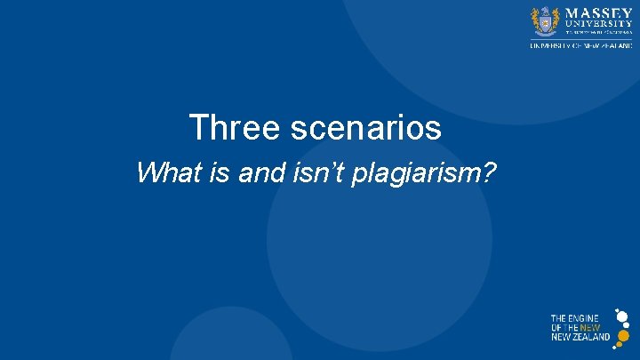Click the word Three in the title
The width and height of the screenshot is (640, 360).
pos(221,128)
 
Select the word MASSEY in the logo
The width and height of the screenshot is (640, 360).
pos(599,13)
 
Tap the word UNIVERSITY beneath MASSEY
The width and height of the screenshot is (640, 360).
pos(599,24)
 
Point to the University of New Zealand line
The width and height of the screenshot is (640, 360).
pos(581,46)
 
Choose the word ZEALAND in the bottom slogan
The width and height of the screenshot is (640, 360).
pos(591,337)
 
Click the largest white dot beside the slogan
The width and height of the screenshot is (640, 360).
pos(622,316)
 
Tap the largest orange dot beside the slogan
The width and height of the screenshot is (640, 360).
pos(623,336)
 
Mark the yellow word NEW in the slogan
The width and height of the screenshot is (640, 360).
pos(589,328)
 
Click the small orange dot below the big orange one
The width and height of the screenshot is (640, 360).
pos(619,344)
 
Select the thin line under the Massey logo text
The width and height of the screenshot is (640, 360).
pos(581,39)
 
